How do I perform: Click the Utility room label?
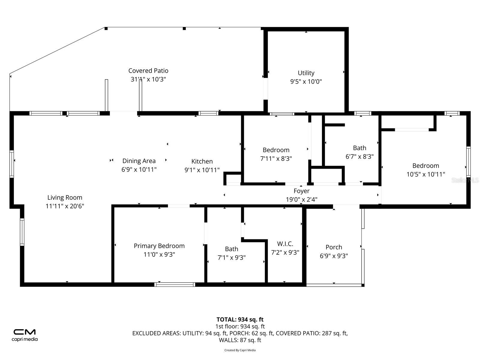pos(306,73)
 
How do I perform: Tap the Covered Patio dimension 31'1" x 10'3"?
pos(148,79)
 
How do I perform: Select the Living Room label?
pos(65,197)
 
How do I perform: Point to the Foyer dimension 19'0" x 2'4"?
pos(301,199)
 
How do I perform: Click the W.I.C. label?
pos(285,244)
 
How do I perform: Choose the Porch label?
pos(334,247)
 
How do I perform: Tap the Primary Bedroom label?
pos(159,246)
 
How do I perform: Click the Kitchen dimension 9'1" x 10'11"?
pos(202,170)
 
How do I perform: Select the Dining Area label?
pos(139,161)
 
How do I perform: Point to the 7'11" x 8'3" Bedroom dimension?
pos(276,159)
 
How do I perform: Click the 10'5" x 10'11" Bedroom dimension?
pos(425,174)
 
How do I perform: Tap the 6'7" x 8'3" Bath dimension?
pos(359,157)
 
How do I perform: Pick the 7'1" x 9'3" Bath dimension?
pos(232,258)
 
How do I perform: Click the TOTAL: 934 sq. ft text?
pos(240,319)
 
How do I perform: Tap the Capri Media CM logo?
pos(25,332)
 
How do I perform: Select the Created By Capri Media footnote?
pos(240,350)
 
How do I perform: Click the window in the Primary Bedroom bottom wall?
pos(175,284)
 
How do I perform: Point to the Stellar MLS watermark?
pos(465,180)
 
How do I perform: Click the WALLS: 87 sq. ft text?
pos(240,340)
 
